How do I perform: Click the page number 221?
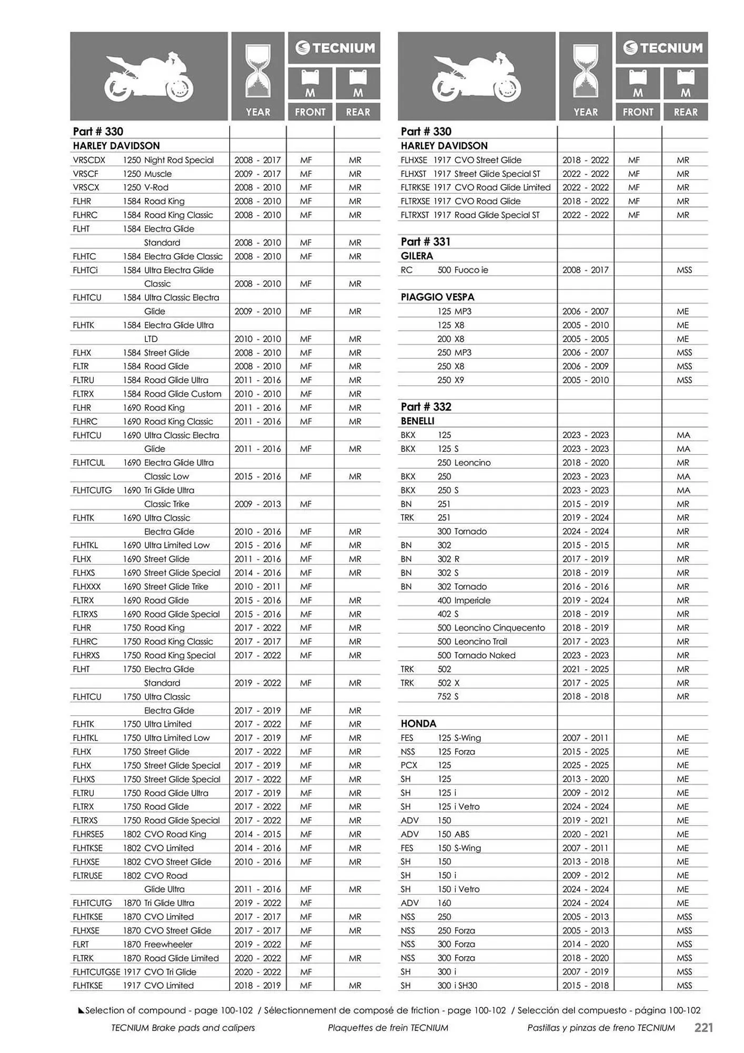703,1028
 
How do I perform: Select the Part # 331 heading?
426,242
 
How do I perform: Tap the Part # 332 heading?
426,406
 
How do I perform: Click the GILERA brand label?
417,256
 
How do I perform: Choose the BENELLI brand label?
417,421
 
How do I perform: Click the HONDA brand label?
418,724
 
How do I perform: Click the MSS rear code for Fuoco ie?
684,270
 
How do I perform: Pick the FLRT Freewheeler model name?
168,945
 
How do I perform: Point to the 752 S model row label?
448,697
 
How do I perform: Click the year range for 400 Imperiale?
585,600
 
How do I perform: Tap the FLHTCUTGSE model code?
96,972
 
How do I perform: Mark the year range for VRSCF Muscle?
257,174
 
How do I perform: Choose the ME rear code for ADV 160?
682,903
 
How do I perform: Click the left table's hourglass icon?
258,71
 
